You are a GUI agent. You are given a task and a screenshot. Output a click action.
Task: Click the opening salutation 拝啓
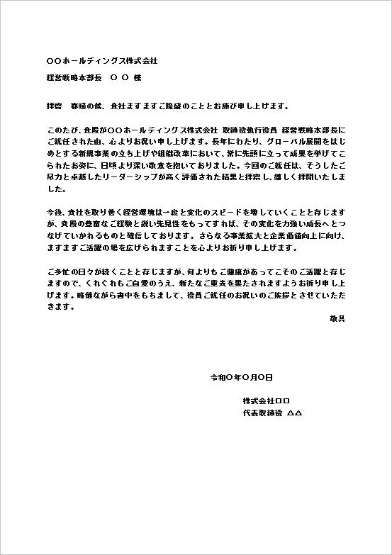(54, 106)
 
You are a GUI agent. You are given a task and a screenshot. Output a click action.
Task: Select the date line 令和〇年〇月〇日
(242, 377)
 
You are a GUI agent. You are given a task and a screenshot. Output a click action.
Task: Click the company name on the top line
(101, 62)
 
